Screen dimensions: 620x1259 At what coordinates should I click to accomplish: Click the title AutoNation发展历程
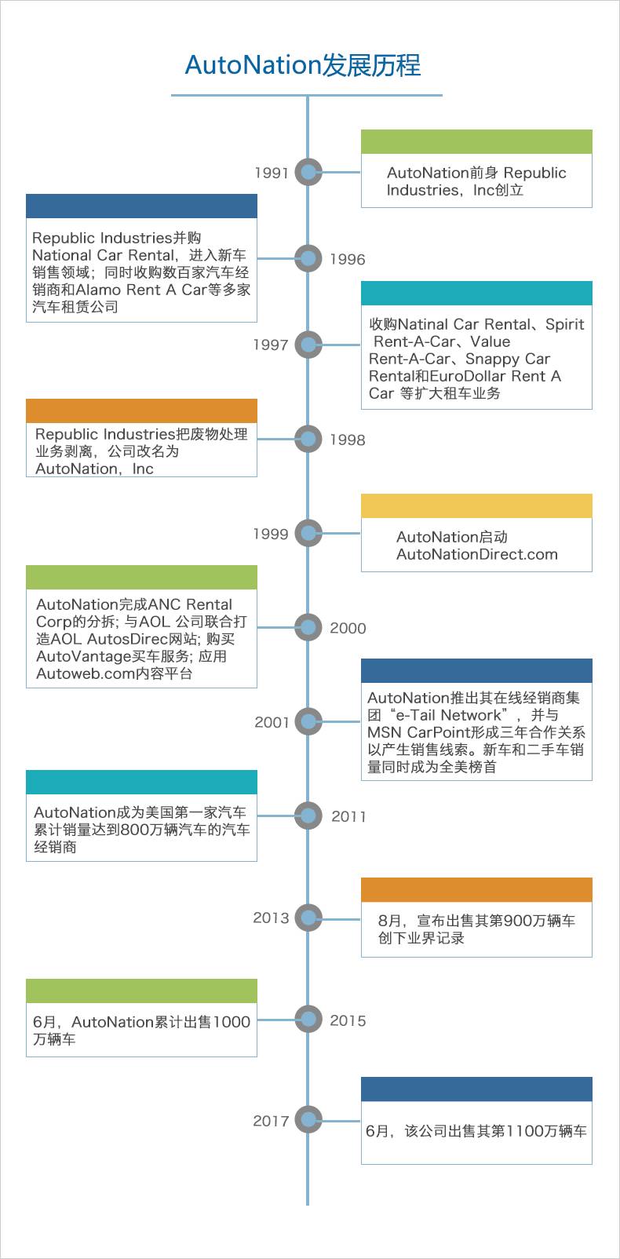tap(302, 65)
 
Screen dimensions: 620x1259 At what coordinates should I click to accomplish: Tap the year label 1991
tap(272, 173)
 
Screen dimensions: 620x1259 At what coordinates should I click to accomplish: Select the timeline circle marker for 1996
tap(308, 258)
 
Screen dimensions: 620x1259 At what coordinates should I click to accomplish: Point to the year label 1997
tap(271, 345)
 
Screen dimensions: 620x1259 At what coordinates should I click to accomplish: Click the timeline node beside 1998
tap(308, 439)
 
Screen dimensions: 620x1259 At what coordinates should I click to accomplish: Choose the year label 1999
tap(271, 534)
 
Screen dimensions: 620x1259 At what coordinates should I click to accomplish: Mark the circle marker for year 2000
tap(308, 627)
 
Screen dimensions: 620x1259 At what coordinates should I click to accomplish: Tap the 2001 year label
tap(272, 721)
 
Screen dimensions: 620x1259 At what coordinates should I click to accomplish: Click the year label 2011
tap(348, 816)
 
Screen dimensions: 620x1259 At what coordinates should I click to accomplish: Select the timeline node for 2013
tap(308, 918)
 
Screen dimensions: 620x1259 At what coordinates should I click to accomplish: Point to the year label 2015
tap(348, 1020)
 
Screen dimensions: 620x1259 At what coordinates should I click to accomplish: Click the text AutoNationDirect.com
tap(477, 554)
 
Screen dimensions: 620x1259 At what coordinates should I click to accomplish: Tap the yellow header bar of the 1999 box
tap(476, 505)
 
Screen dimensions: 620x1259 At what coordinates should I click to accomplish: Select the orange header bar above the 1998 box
tap(141, 411)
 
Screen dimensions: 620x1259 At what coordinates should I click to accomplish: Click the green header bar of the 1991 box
tap(476, 141)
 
